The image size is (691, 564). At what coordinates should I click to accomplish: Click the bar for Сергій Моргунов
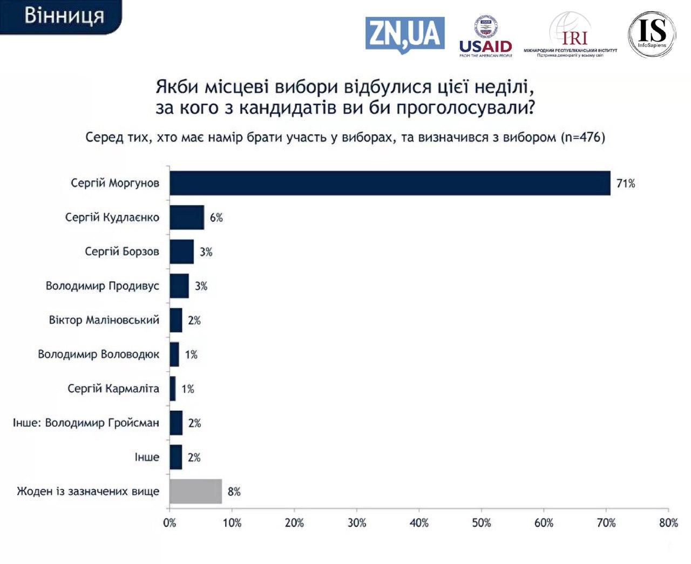(390, 183)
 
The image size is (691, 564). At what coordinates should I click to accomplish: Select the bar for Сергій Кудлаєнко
(187, 218)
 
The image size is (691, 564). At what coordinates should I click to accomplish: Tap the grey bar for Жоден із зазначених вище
(195, 491)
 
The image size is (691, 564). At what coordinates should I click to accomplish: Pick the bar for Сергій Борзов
(181, 252)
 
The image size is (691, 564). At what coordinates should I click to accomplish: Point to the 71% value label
(626, 184)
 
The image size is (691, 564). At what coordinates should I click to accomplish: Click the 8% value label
(234, 492)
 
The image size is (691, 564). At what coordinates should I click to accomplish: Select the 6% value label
(216, 218)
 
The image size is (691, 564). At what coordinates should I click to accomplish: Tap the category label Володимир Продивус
(103, 286)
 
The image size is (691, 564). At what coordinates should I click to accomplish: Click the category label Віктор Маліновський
(104, 320)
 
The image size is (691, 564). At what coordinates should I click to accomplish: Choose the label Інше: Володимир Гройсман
(86, 423)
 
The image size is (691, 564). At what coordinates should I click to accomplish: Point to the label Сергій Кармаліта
(113, 389)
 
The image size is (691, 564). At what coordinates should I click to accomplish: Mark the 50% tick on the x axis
(482, 522)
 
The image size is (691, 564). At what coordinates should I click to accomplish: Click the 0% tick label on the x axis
(170, 522)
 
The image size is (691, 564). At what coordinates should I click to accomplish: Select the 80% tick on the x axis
(668, 522)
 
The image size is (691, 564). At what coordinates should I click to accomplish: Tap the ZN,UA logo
(405, 35)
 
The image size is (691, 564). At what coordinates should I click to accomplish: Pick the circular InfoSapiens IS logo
(652, 34)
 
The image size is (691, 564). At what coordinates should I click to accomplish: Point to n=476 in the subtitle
(582, 137)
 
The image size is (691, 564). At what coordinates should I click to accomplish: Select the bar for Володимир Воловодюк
(174, 354)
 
